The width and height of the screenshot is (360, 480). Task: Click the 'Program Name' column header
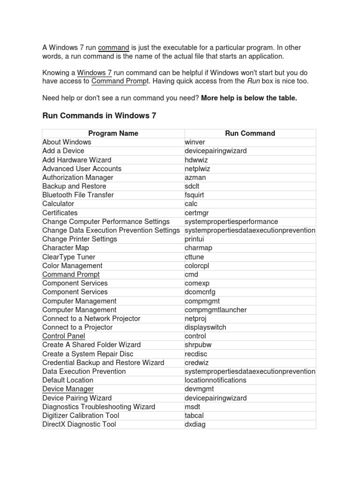tap(113, 133)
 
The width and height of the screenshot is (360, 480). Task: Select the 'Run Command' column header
tap(250, 133)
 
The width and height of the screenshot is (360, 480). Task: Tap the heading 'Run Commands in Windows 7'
tap(99, 116)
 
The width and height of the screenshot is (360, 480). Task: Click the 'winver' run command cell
tap(195, 142)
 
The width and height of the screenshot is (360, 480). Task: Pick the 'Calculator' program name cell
tap(58, 204)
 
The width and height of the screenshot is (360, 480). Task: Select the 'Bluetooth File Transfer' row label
tap(78, 195)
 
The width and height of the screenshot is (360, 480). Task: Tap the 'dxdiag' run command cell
tap(195, 425)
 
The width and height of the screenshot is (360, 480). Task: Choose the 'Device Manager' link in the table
tap(68, 389)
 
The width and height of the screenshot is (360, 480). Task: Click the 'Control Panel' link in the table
tap(64, 336)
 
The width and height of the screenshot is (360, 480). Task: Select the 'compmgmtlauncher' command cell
tap(216, 310)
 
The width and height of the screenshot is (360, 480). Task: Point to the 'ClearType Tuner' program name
tap(68, 257)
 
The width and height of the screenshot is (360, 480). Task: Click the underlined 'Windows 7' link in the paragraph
tap(94, 73)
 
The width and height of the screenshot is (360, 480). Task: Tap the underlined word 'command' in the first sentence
tap(113, 48)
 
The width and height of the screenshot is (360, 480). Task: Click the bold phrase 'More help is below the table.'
tap(249, 98)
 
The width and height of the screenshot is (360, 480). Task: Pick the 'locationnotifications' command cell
tap(215, 380)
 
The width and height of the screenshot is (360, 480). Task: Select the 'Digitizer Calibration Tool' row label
tap(81, 416)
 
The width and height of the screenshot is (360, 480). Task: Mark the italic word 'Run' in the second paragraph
tap(253, 81)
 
